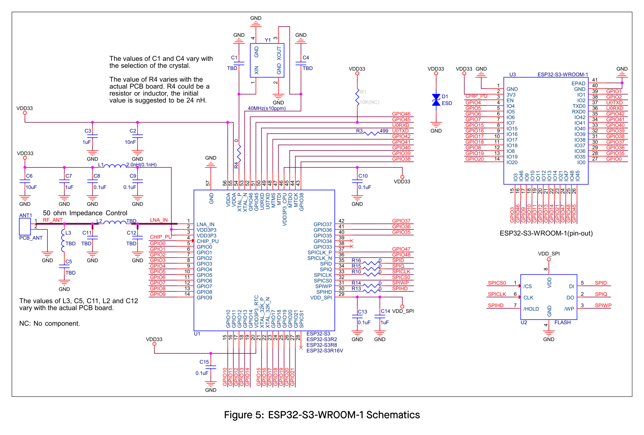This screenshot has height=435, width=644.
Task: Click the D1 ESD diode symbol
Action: [436, 100]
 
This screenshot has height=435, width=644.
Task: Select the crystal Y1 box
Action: [267, 60]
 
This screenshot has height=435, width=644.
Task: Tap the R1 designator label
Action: [363, 92]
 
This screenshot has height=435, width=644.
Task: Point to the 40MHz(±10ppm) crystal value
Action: [267, 108]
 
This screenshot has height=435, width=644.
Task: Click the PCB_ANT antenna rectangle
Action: [25, 227]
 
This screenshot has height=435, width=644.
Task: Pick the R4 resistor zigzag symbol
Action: [239, 153]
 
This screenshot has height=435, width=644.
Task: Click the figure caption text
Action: [322, 415]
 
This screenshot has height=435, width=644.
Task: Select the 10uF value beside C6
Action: [31, 187]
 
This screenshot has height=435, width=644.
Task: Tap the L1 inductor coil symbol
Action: [115, 166]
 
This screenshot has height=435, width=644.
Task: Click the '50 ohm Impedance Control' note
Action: [85, 213]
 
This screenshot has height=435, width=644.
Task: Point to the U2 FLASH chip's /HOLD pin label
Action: [531, 309]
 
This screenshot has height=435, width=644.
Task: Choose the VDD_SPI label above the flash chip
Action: [549, 254]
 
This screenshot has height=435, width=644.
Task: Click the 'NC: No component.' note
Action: [50, 323]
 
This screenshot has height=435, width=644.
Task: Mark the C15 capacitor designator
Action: [204, 362]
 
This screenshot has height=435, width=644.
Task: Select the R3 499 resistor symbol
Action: [371, 134]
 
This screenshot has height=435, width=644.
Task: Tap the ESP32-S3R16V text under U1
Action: [325, 351]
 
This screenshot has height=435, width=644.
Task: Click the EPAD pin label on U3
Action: [578, 83]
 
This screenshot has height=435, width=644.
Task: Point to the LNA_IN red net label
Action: [159, 220]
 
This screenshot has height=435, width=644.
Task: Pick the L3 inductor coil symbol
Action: [63, 241]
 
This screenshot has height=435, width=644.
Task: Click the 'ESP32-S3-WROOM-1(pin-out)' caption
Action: [546, 233]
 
